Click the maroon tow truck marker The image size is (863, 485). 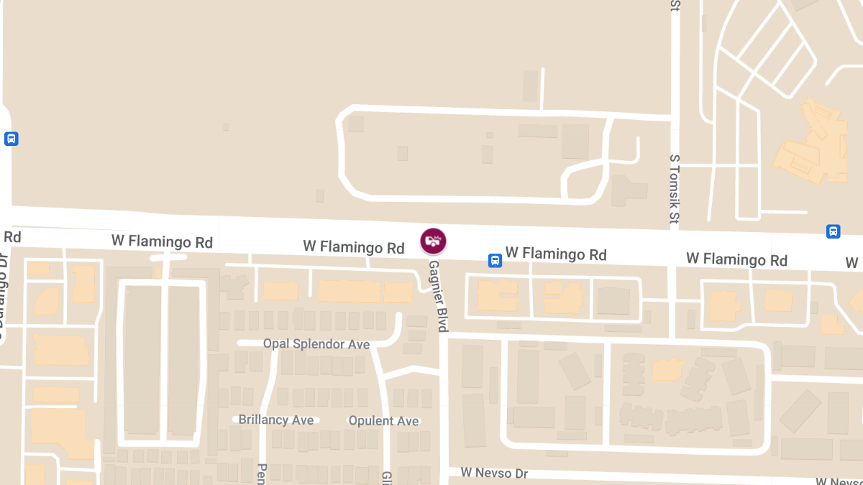(x=433, y=241)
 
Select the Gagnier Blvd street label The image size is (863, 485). (x=439, y=296)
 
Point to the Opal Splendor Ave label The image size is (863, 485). (x=316, y=344)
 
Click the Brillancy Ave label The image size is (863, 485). (x=276, y=420)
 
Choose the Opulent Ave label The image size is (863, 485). (x=383, y=420)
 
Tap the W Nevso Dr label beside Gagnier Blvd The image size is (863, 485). (x=495, y=473)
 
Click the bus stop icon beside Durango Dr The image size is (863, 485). (x=11, y=139)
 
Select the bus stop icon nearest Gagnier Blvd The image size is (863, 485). (x=496, y=261)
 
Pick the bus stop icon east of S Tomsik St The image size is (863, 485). (x=833, y=231)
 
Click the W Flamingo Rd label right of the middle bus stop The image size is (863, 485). (x=556, y=254)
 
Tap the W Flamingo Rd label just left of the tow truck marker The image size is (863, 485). (x=354, y=247)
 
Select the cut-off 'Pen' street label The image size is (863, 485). (x=262, y=474)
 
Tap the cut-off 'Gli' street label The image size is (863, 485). (x=386, y=477)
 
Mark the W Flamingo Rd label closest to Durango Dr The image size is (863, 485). (x=162, y=241)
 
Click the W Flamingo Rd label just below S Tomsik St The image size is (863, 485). (x=736, y=259)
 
